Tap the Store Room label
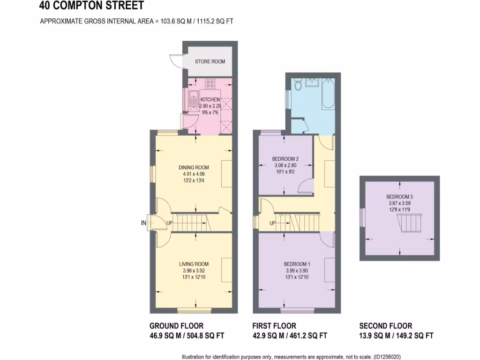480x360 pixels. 210,61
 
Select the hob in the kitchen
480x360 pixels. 210,84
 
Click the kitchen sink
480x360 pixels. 193,99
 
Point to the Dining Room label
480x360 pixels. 194,167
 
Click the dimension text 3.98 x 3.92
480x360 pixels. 194,270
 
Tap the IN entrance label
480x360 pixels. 143,223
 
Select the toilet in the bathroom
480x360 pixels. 298,85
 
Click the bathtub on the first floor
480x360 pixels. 328,94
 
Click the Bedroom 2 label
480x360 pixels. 285,159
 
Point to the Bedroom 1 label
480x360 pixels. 297,264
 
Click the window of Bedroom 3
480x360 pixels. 362,217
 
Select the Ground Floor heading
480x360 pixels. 176,326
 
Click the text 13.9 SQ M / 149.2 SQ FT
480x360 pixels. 396,336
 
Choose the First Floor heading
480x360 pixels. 274,326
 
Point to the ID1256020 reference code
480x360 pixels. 387,356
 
